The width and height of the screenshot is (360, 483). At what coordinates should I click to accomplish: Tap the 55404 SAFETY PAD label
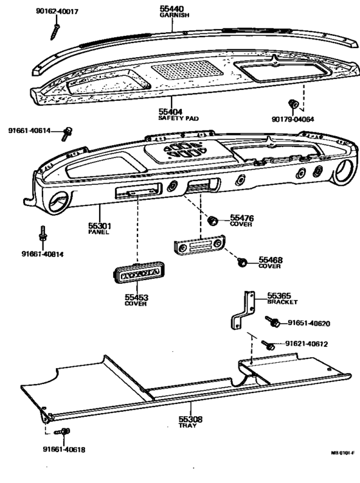pos(172,114)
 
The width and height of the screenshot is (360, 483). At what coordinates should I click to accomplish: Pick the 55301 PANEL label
pos(99,228)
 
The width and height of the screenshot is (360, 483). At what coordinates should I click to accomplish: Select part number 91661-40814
pos(42,254)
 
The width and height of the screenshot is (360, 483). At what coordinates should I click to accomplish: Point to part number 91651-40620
pos(309,323)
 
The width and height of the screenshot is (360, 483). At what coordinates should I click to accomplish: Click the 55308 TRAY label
pos(190,421)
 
